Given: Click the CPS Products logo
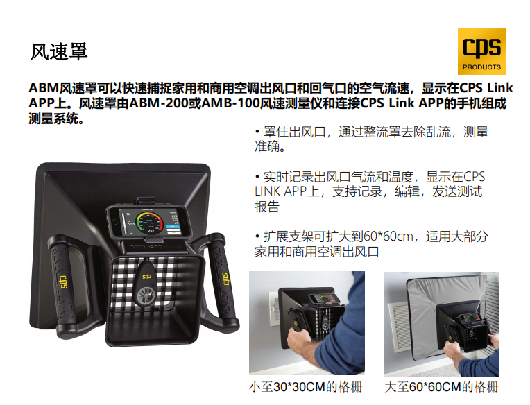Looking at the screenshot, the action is tap(481, 51).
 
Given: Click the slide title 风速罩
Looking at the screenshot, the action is tap(59, 52).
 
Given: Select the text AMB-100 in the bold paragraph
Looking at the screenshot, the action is tap(230, 103).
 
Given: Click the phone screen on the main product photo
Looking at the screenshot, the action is tap(149, 221).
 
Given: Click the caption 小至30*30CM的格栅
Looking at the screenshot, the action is tap(305, 387).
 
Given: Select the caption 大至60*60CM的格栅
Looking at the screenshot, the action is tap(441, 387).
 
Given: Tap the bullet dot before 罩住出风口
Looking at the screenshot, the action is tap(257, 132).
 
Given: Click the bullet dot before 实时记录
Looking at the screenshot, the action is tap(257, 177).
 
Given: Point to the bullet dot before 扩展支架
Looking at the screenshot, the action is tap(257, 236).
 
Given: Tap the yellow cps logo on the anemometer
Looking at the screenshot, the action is tap(146, 277).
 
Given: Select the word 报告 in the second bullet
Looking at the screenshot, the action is tap(267, 207).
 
